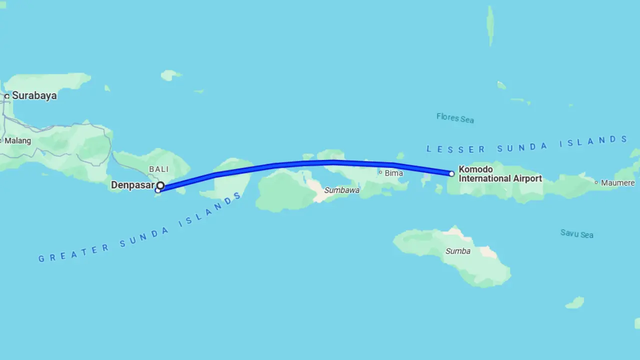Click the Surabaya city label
tap(34, 95)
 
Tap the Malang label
tap(18, 140)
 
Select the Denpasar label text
tap(132, 185)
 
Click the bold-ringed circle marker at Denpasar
tap(160, 185)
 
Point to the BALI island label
tap(159, 169)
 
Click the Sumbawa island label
tap(341, 190)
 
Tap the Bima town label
tap(394, 173)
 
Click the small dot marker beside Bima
tap(380, 172)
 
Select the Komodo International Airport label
tap(500, 174)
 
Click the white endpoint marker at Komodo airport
tap(451, 174)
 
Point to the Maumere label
tap(618, 183)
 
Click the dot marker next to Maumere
tap(596, 182)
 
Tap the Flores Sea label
tap(455, 118)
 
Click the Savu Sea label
tap(576, 233)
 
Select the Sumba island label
tap(458, 251)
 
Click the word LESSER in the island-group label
tap(455, 149)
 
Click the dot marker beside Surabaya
tap(7, 96)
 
